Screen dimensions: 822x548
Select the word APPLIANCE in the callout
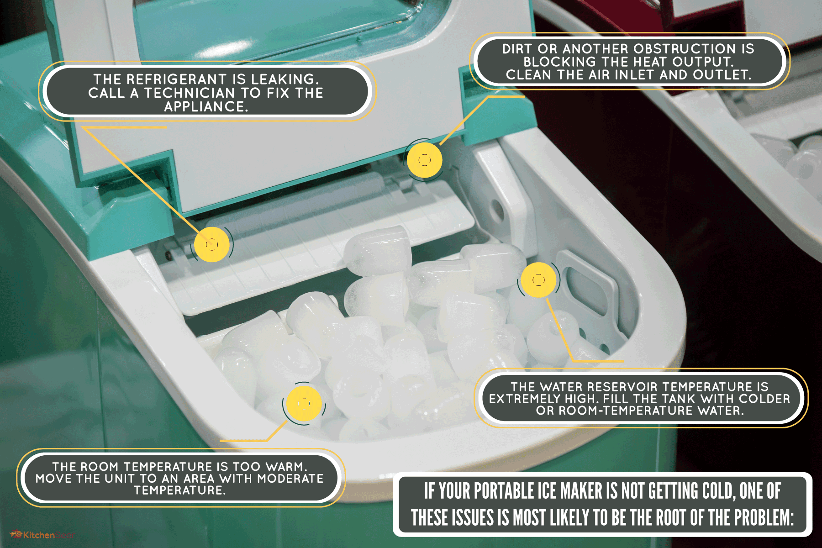(205, 107)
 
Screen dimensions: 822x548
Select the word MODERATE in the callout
(290, 479)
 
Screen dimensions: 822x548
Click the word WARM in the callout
(284, 467)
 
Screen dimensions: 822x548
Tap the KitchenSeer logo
(41, 535)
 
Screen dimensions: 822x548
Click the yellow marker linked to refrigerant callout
(211, 244)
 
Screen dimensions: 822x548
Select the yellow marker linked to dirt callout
(424, 160)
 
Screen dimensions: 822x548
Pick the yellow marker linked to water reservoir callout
(539, 279)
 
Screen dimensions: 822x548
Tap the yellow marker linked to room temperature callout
(304, 403)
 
